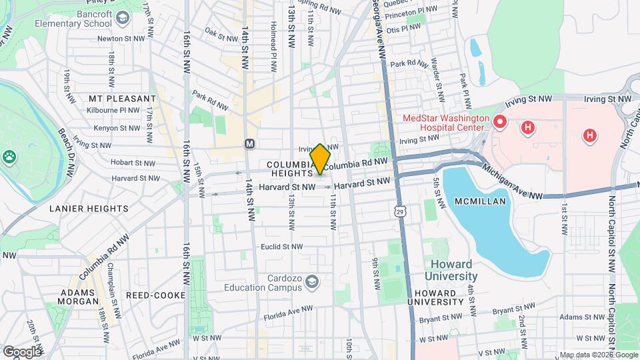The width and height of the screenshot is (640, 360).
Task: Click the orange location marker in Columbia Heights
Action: point(320,159)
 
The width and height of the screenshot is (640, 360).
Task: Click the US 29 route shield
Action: point(399,211)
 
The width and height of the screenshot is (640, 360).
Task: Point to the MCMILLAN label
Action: point(480,201)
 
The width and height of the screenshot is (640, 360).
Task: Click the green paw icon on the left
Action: point(9,157)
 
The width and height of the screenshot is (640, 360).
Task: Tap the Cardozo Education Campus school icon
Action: point(311,283)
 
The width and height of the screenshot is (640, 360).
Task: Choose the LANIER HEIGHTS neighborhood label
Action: point(89,209)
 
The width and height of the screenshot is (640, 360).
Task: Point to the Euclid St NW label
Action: point(282,247)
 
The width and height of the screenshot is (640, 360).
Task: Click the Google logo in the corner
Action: point(21,351)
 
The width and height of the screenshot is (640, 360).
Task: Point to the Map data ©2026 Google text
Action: point(597,355)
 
